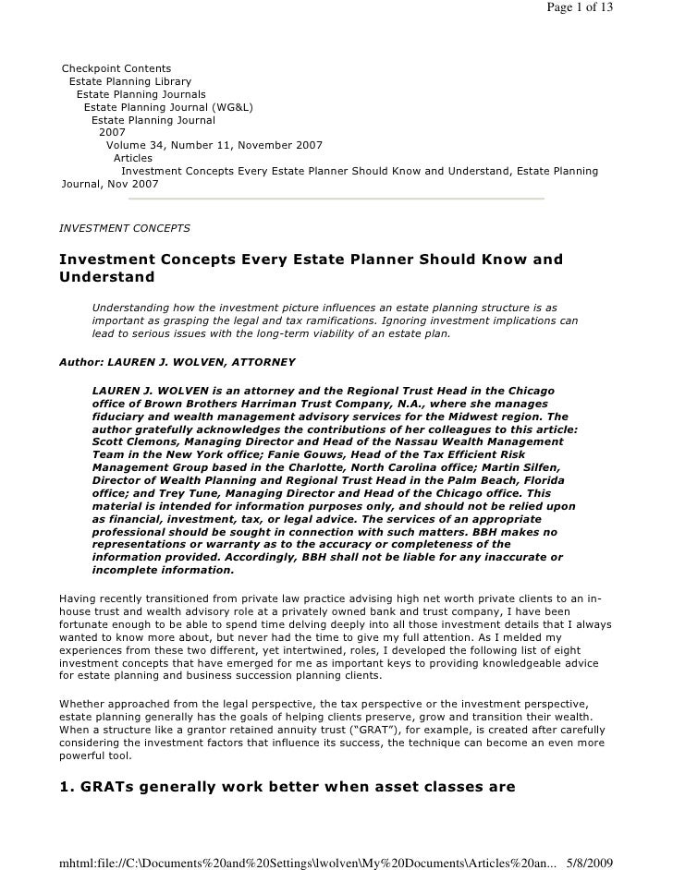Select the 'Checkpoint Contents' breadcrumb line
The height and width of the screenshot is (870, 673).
coord(116,68)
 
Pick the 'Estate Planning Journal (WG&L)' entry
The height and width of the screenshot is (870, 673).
coord(168,107)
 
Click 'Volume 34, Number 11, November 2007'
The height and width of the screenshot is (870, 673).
coord(214,145)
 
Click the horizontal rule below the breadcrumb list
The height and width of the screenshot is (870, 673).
coord(336,198)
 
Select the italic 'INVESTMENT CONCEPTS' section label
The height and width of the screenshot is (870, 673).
coord(124,227)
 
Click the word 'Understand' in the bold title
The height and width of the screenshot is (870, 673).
coord(106,277)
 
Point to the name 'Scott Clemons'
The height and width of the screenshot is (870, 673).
coord(135,442)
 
